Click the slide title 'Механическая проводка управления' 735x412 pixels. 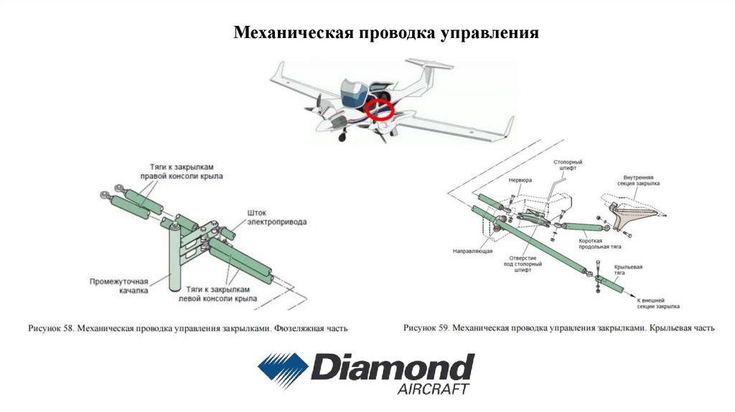387,34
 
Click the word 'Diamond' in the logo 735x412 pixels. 392,367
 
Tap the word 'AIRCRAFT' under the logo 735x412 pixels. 433,389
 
